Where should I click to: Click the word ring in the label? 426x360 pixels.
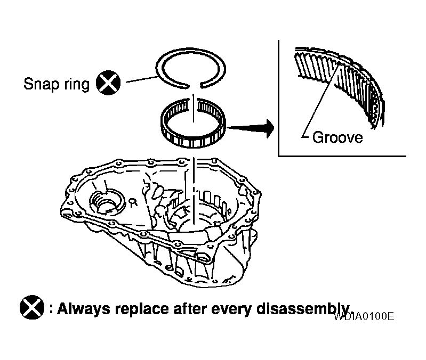pos(76,85)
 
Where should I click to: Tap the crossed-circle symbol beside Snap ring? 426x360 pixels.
pos(108,83)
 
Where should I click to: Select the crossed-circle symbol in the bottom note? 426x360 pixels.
pos(31,307)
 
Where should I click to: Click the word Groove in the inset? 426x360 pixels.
pos(337,137)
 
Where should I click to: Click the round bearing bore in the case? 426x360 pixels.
pos(107,201)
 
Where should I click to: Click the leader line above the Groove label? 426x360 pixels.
pos(320,101)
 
